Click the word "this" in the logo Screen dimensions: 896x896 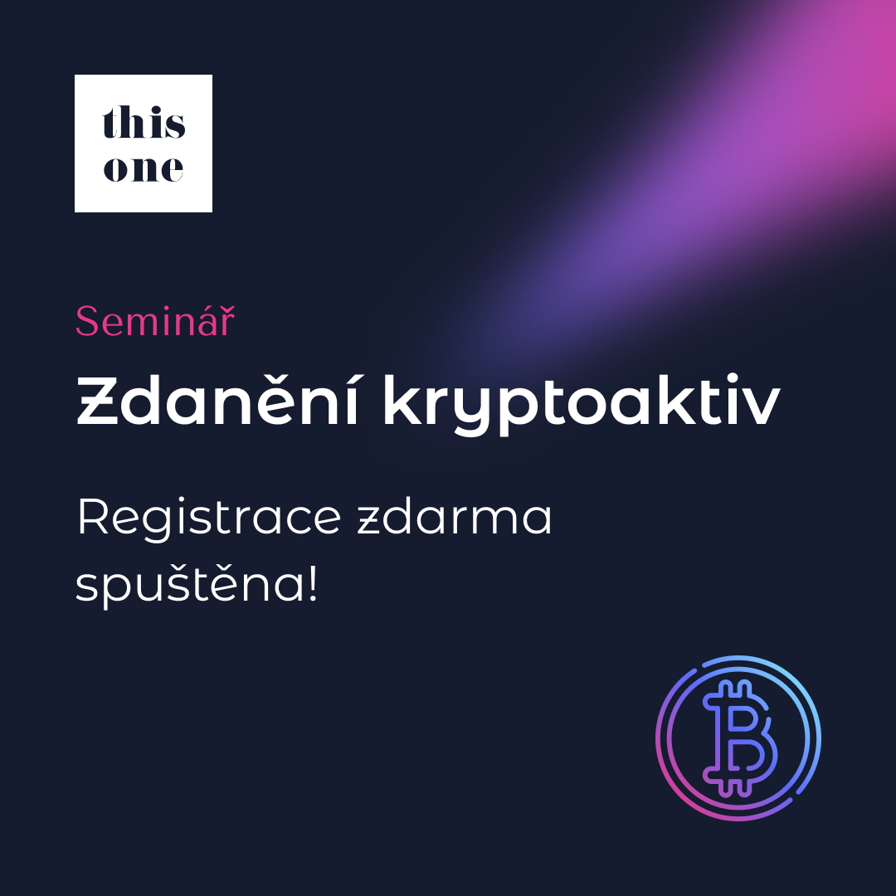[x=144, y=122]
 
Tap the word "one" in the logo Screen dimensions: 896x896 [x=144, y=168]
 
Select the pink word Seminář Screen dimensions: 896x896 [x=155, y=320]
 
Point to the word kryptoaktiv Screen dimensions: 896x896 [x=581, y=405]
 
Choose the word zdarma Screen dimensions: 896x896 [x=455, y=517]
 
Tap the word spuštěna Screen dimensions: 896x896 [x=190, y=584]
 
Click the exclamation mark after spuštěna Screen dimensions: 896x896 [x=312, y=583]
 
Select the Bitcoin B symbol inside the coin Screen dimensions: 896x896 [x=739, y=738]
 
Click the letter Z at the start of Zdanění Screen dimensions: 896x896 [x=97, y=401]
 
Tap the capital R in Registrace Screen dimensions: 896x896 [x=93, y=516]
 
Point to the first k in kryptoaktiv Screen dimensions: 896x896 [x=404, y=399]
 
